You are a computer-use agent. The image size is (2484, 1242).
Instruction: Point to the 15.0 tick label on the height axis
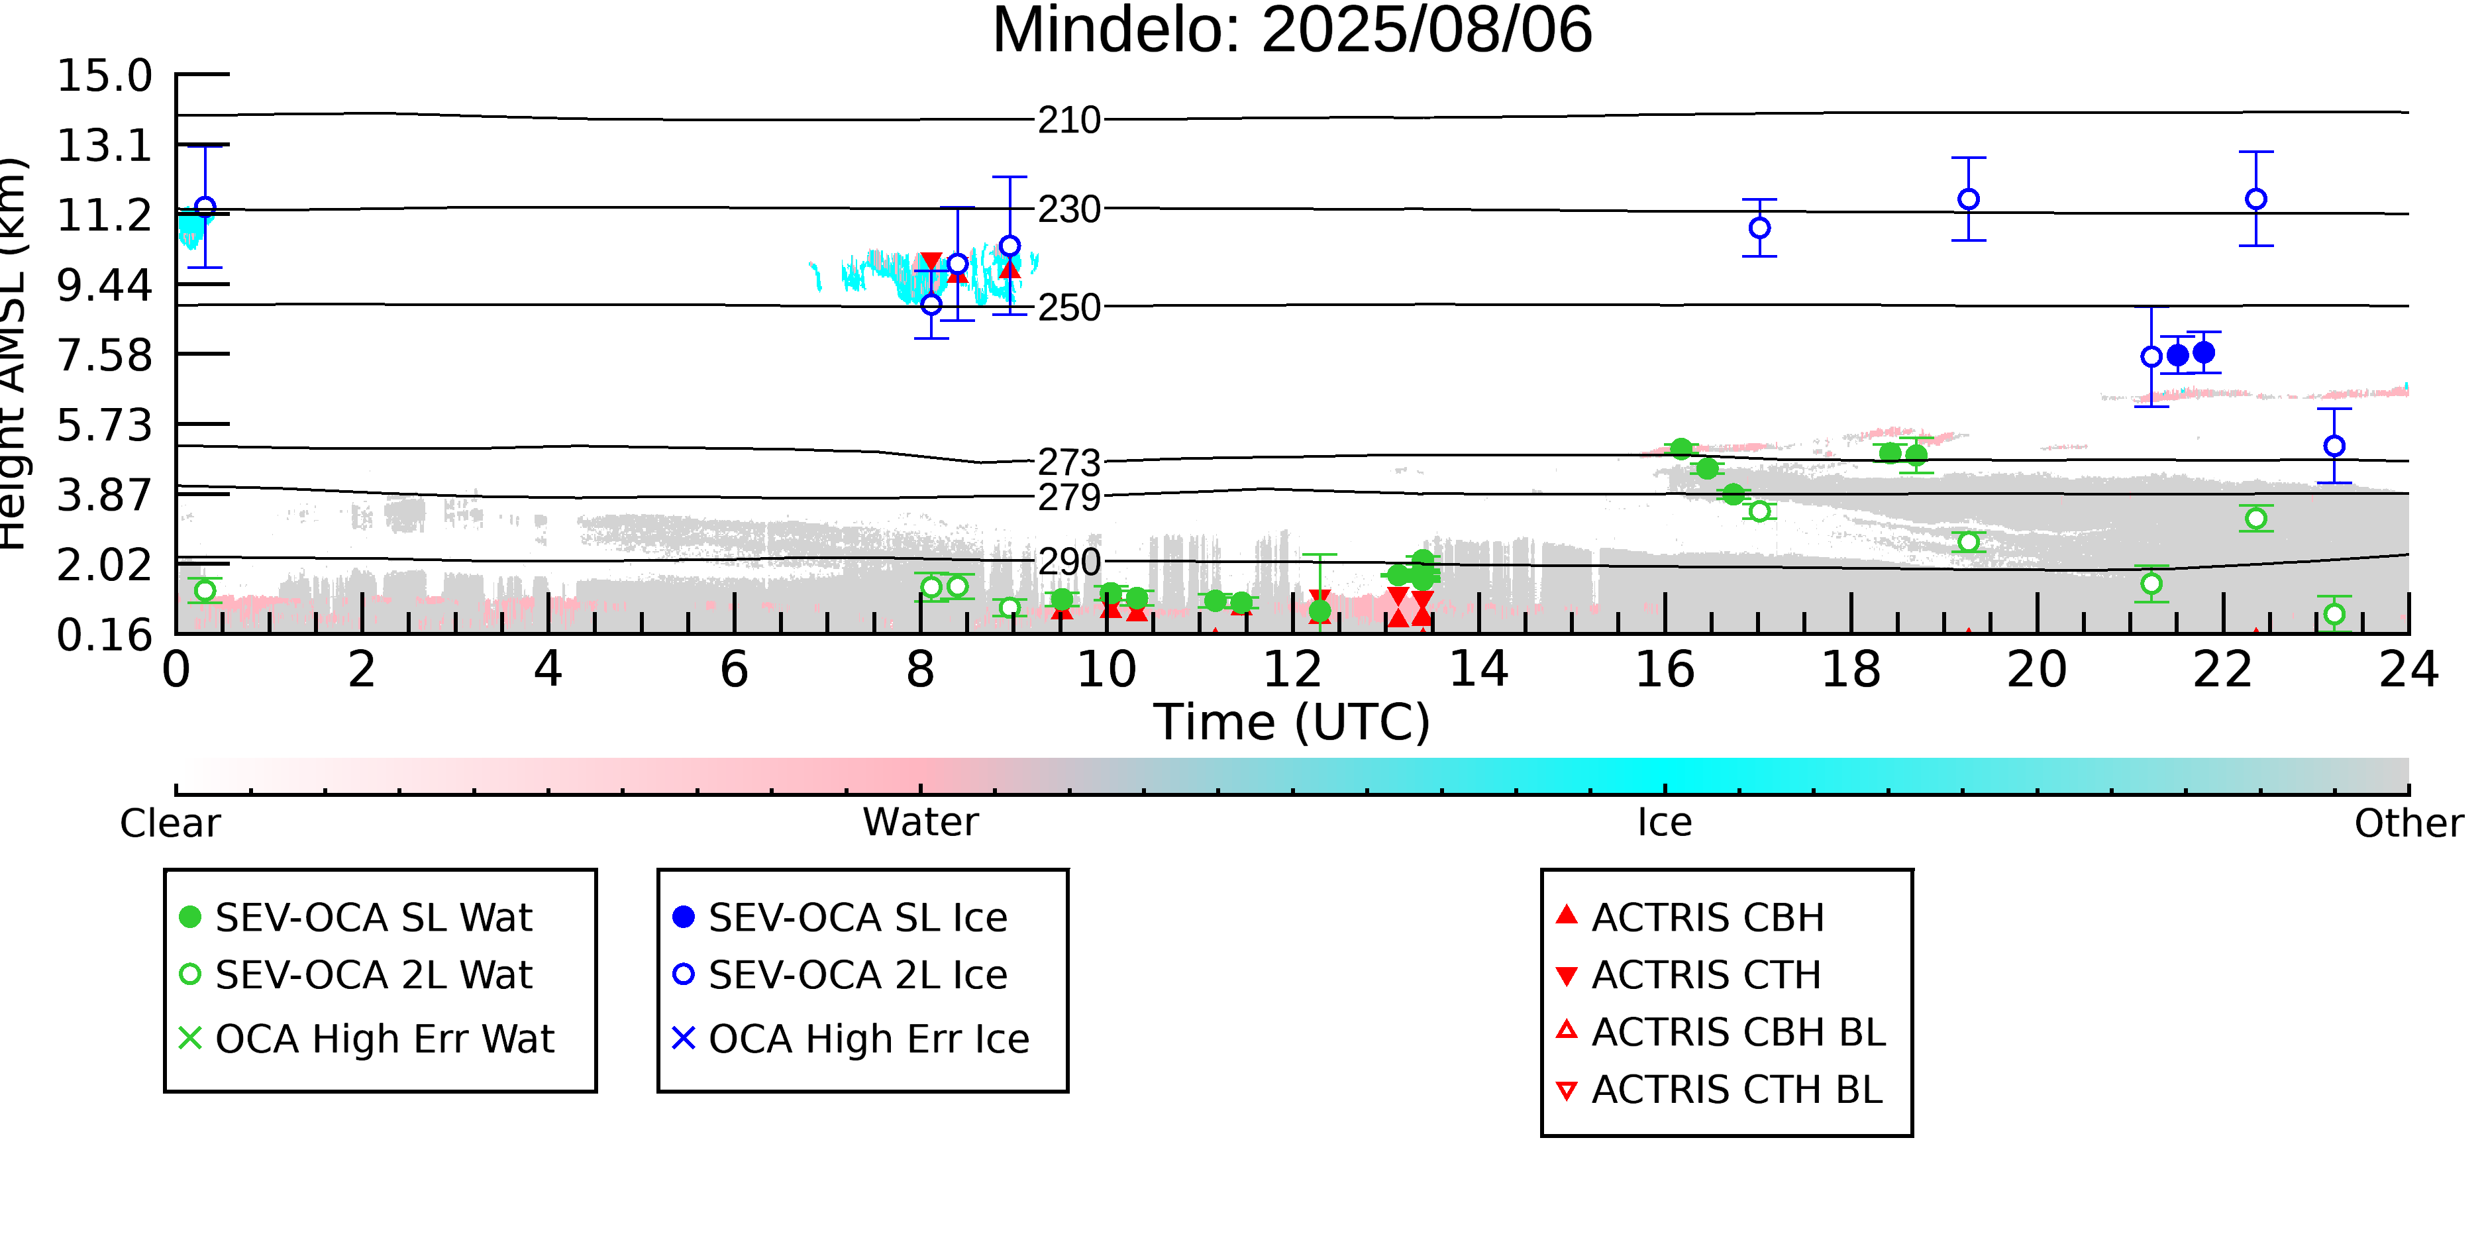click(x=104, y=76)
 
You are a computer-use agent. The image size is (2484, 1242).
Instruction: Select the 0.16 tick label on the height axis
click(x=104, y=635)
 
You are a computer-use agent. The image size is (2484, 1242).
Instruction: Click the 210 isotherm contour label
click(x=1068, y=121)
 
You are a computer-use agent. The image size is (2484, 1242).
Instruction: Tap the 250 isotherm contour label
click(x=1068, y=307)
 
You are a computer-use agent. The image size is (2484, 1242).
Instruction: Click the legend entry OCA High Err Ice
click(x=851, y=1039)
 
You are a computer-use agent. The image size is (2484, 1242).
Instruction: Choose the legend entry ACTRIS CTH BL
click(x=1720, y=1090)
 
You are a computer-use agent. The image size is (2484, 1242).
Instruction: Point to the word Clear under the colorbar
click(x=170, y=823)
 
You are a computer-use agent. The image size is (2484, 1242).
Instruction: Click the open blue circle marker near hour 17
click(x=1760, y=228)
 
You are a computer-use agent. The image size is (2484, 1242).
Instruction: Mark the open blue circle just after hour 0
click(x=205, y=207)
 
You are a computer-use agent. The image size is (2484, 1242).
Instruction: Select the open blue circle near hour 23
click(x=2334, y=446)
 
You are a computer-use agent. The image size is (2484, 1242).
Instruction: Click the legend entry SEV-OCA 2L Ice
click(x=840, y=975)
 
